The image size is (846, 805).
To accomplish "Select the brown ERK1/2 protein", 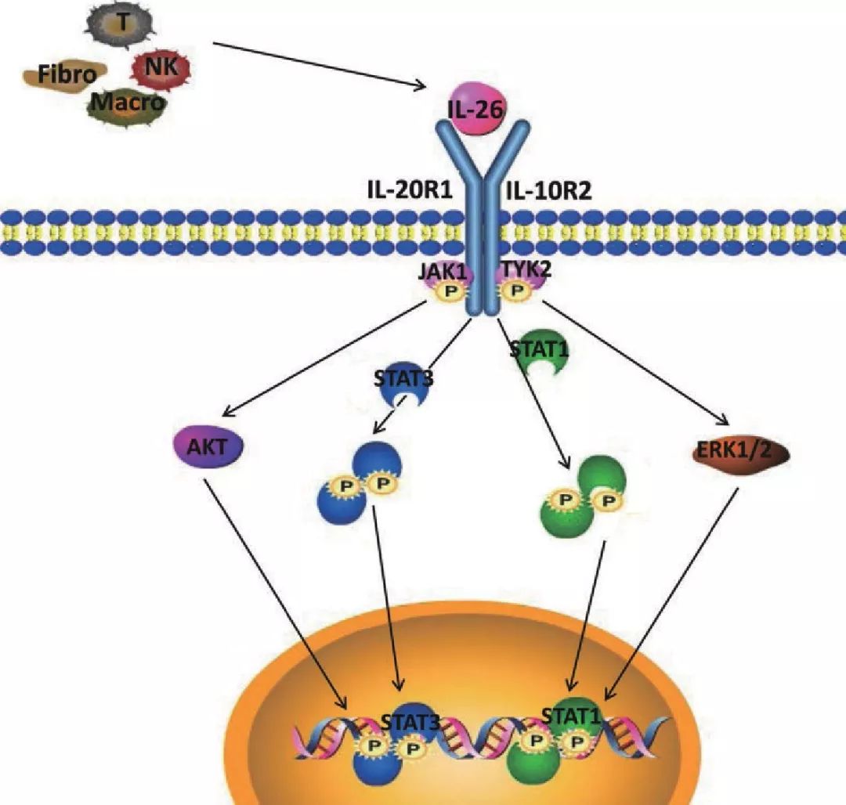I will pyautogui.click(x=740, y=451).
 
